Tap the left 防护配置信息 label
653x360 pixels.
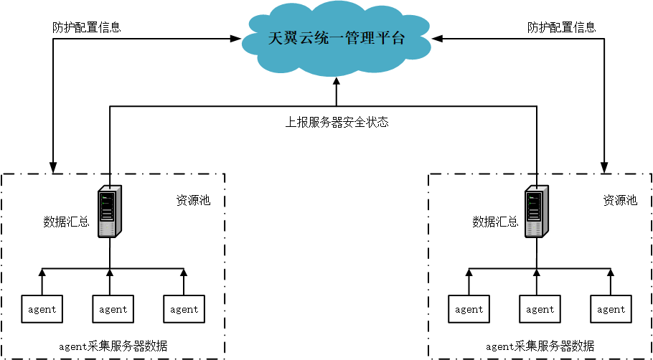(x=87, y=27)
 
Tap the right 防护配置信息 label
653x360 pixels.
(x=561, y=27)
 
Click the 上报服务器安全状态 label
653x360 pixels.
(x=337, y=122)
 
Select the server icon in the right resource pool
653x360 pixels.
(x=536, y=212)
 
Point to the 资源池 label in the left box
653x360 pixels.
(x=193, y=200)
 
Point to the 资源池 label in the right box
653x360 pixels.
(x=620, y=200)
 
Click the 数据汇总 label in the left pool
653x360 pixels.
(x=66, y=222)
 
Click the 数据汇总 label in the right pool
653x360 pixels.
(x=495, y=222)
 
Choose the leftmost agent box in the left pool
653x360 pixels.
(x=42, y=309)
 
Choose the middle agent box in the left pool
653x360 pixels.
(x=113, y=309)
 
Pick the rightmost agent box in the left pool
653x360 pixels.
(x=184, y=309)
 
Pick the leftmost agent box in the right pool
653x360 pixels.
(x=469, y=309)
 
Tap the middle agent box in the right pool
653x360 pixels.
(x=540, y=309)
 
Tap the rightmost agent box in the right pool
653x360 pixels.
(x=611, y=309)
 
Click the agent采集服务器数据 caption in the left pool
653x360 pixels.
(x=113, y=346)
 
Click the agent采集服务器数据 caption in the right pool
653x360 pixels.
(x=540, y=346)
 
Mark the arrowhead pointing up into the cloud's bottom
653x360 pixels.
(x=336, y=79)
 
